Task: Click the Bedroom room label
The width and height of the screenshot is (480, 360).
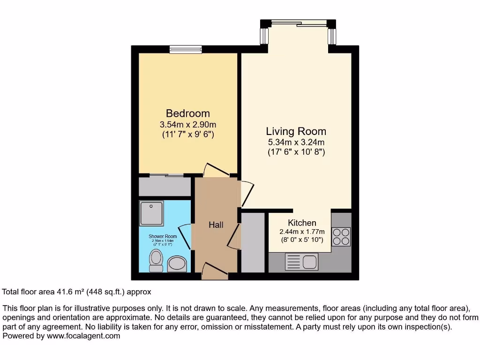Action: tap(187, 113)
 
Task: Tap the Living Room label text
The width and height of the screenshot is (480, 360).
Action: tap(296, 131)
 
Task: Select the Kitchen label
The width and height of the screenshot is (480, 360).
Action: tap(302, 223)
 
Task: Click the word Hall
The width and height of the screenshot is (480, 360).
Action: tap(216, 225)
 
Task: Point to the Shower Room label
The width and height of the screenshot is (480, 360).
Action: tap(163, 236)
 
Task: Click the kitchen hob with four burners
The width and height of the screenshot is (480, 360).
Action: tap(341, 236)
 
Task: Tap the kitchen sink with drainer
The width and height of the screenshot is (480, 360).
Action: tap(301, 261)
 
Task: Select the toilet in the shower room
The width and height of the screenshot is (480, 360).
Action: tap(155, 260)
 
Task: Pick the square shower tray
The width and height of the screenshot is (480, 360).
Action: tap(151, 213)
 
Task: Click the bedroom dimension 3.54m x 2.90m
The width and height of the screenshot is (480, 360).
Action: tap(187, 125)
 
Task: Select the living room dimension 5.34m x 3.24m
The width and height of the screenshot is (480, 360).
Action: tap(296, 142)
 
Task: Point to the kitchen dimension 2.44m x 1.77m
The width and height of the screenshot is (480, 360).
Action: tap(302, 232)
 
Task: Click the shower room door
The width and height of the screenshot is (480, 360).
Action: tap(185, 236)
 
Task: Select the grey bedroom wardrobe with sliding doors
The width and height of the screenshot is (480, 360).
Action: tap(165, 187)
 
